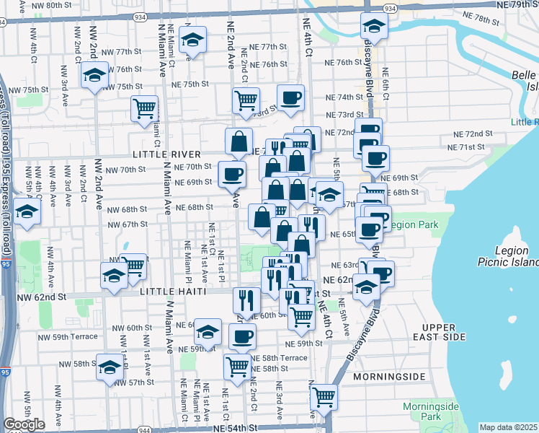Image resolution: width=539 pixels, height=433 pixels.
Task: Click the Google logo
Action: (24, 424)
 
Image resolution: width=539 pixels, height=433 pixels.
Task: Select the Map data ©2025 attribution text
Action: (509, 427)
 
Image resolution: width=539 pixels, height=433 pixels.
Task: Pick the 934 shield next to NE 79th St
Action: (390, 8)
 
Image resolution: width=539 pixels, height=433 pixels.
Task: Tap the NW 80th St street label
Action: (54, 4)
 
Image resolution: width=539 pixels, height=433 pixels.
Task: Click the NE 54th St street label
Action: (235, 428)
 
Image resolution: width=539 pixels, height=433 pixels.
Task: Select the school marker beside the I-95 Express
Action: (27, 212)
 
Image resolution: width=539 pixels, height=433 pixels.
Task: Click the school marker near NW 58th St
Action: (110, 369)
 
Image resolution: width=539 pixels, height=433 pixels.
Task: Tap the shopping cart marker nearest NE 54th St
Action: (324, 396)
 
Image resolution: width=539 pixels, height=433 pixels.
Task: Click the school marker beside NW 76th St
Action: (94, 76)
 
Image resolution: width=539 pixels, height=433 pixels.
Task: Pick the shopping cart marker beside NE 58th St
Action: (237, 366)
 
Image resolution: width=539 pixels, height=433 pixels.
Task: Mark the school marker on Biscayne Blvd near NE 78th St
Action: (374, 27)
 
